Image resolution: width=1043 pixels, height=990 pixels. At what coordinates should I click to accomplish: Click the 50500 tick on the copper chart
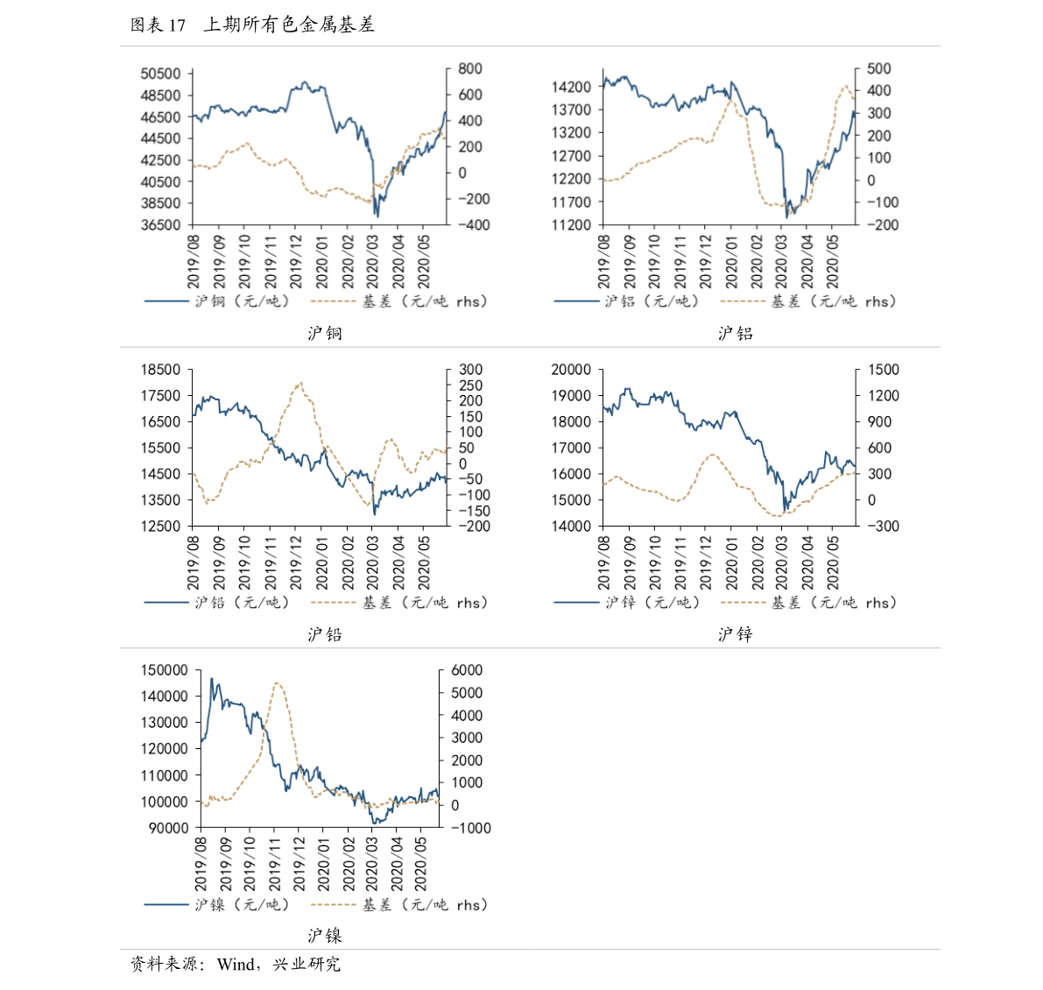pos(160,74)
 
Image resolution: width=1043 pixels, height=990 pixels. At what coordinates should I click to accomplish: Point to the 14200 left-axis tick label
pos(571,87)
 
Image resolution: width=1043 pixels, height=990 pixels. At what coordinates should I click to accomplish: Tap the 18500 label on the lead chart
pos(160,370)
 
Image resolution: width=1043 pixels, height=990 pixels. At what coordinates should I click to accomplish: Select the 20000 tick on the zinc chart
pos(571,370)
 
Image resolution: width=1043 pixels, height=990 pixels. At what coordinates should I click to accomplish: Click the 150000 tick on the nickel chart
pos(164,670)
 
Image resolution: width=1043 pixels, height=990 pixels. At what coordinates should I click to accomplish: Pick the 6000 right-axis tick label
pos(467,670)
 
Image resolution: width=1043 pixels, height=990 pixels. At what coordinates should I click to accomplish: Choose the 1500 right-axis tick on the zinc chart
pos(884,370)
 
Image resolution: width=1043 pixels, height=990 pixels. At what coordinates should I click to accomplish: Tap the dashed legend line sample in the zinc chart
pos(742,603)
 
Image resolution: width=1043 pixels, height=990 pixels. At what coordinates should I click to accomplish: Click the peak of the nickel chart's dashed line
pos(276,683)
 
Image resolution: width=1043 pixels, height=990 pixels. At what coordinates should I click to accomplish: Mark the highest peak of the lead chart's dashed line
pos(300,383)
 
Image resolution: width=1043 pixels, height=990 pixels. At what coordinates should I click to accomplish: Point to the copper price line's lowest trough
pos(377,216)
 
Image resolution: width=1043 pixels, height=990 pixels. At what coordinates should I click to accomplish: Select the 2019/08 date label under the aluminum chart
pos(604,261)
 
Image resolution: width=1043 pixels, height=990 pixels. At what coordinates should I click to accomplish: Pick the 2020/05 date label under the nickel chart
pos(421,864)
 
